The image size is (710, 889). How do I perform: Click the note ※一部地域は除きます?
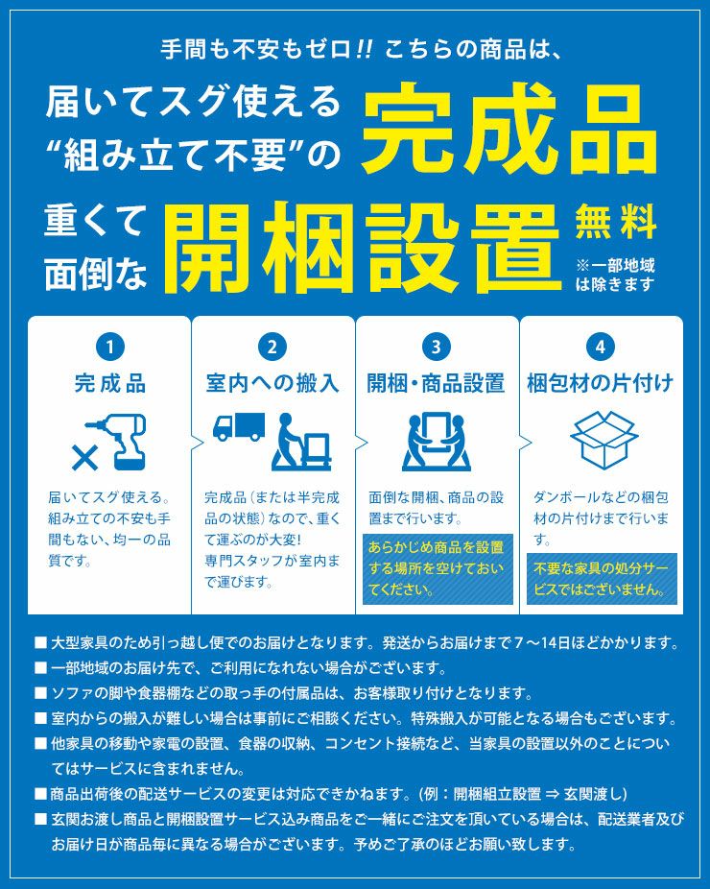(x=615, y=275)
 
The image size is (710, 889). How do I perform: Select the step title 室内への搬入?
(x=272, y=384)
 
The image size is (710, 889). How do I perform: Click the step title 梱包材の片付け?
(x=601, y=384)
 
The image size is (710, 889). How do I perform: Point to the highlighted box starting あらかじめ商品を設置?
(x=437, y=568)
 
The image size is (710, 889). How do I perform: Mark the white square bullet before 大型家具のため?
(x=40, y=642)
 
